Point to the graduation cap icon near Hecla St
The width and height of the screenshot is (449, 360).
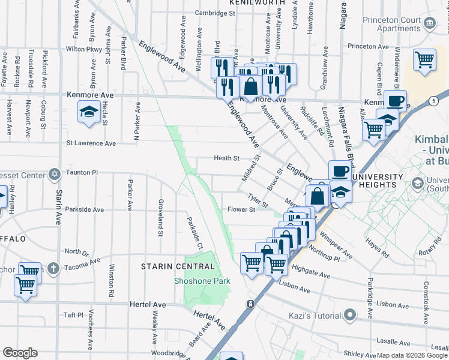tap(89, 112)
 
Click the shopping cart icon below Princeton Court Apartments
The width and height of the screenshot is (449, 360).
tap(424, 61)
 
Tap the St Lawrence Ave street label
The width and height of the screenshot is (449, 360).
tap(91, 143)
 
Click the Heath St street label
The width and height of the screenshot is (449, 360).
tap(227, 158)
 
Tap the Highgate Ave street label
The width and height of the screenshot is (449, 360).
tap(311, 275)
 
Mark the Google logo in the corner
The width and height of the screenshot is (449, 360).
tap(20, 352)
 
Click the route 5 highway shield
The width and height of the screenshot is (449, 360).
tap(433, 101)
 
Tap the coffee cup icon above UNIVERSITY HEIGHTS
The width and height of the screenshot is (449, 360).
tap(339, 171)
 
